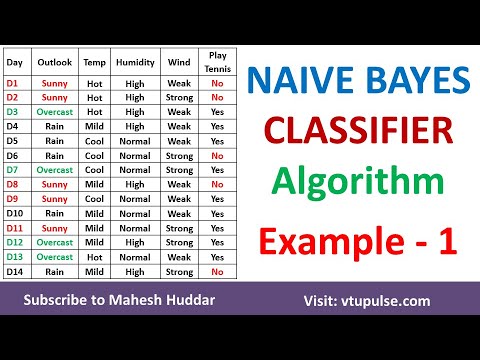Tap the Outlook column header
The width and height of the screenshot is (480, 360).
pos(55,62)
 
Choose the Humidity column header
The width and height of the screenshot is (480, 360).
pos(135,62)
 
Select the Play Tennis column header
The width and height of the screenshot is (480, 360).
pos(217,62)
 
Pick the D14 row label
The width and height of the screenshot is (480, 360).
pos(17,271)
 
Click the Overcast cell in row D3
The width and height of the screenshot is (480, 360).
pos(55,112)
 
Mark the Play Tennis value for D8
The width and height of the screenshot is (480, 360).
pos(217,185)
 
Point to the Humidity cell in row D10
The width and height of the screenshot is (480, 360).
pos(135,214)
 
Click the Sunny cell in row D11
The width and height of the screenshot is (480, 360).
pos(55,228)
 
